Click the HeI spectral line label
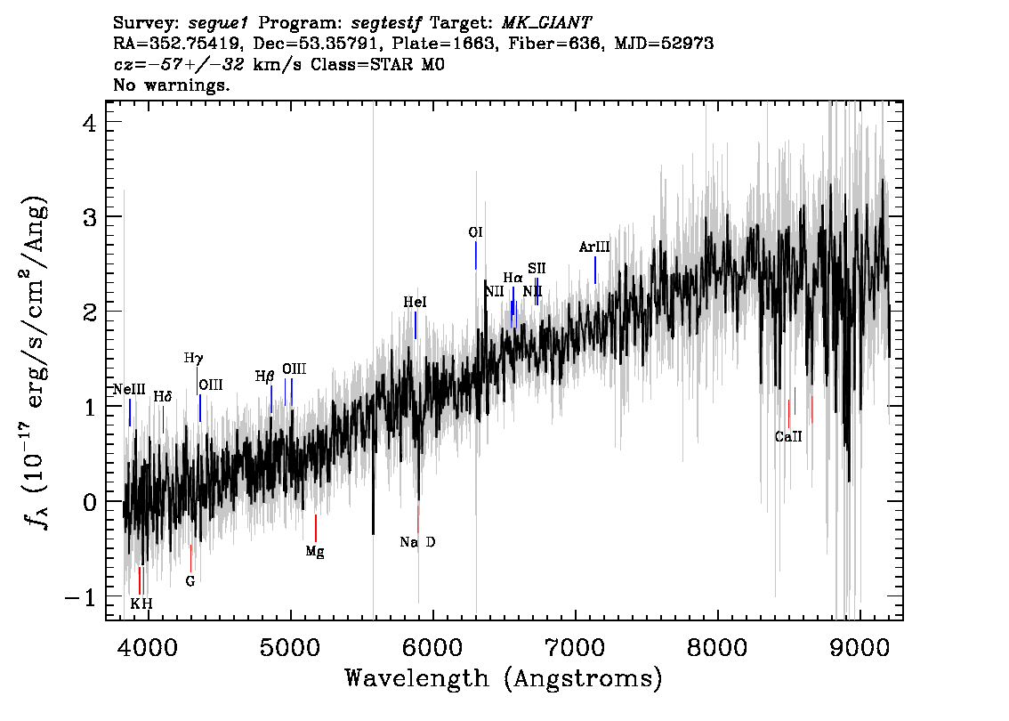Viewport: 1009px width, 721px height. tap(415, 302)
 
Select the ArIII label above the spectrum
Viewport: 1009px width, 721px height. tap(594, 247)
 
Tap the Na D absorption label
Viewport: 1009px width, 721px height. tap(417, 542)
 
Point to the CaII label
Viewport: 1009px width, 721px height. tap(788, 436)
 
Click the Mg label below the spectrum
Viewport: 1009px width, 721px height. tap(315, 552)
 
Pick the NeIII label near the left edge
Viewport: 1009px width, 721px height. tap(129, 390)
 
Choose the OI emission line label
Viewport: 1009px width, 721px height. tap(475, 232)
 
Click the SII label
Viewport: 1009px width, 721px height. tap(537, 269)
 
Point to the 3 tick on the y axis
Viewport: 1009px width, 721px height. tap(90, 217)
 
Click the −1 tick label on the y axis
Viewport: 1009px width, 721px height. tap(81, 596)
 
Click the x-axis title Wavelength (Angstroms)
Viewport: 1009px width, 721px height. tap(504, 678)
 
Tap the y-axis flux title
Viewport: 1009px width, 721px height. tap(36, 364)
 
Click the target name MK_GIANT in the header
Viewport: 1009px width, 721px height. tap(546, 23)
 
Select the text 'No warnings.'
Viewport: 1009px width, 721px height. tap(171, 85)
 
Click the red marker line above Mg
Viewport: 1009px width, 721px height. tap(315, 528)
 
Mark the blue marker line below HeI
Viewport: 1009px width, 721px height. tap(416, 325)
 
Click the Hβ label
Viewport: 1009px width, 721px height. tap(264, 377)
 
